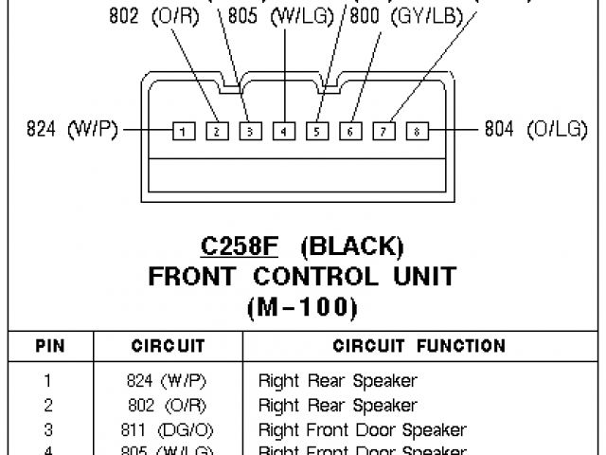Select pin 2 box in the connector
[216, 131]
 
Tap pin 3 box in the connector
[249, 131]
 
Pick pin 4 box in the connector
[283, 131]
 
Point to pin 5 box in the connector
[316, 131]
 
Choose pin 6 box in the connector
[350, 131]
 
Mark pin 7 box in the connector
[383, 131]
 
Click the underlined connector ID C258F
[240, 248]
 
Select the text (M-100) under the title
[302, 307]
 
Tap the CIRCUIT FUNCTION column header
[419, 347]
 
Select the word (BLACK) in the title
[352, 248]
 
